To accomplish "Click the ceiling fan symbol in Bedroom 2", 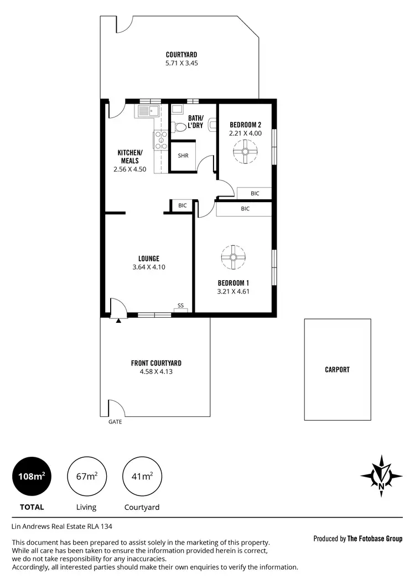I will pos(245,151).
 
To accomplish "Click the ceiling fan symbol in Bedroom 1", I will pos(233,257).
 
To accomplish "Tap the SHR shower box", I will pos(183,156).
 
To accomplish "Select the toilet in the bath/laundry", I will pos(178,127).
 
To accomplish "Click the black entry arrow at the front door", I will pos(118,320).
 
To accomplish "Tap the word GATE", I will pos(115,422).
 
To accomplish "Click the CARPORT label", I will pos(337,370).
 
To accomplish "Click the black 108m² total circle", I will pos(32,476).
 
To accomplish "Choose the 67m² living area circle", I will pos(86,476).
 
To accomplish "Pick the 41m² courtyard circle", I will pos(142,476).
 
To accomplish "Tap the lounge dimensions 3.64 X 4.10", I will pos(149,267).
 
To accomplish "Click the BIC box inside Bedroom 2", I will pos(255,193).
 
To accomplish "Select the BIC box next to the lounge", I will pos(182,205).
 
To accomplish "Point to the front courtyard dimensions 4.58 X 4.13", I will pos(156,372).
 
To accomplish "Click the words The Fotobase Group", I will pos(375,539).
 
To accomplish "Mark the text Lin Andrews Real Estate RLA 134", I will pos(65,527).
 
